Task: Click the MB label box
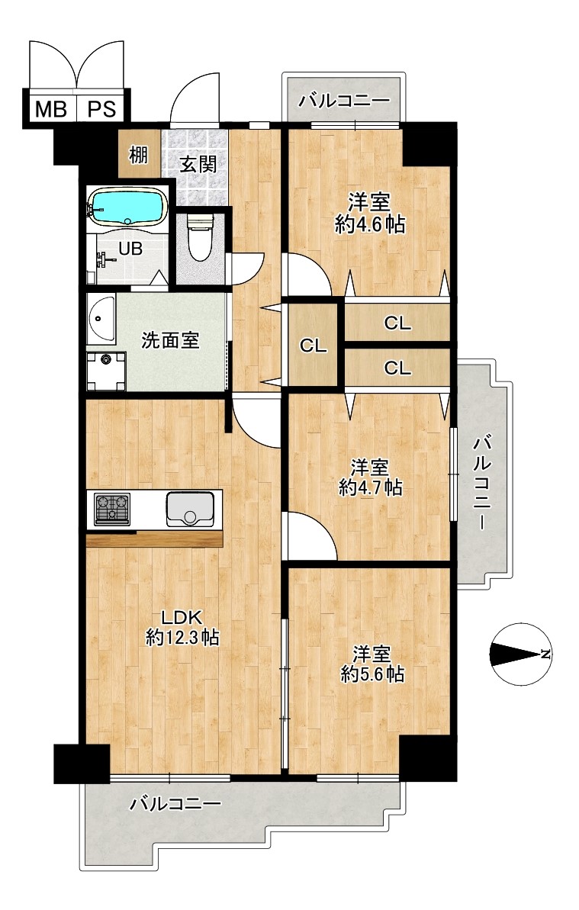(50, 108)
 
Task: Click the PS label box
(101, 108)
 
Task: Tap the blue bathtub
(127, 207)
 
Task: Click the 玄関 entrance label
(198, 164)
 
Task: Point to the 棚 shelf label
(138, 155)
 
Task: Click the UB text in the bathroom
(130, 249)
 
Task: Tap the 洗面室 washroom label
(171, 340)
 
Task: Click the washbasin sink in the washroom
(101, 320)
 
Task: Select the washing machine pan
(106, 371)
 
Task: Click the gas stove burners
(112, 509)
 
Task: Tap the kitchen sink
(190, 509)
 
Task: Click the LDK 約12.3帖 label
(182, 627)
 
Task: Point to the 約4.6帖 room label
(369, 223)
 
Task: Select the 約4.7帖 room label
(370, 487)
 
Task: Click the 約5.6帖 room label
(372, 674)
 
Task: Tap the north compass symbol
(520, 654)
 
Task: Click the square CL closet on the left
(314, 346)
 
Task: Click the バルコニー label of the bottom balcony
(175, 805)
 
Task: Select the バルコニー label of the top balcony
(344, 101)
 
